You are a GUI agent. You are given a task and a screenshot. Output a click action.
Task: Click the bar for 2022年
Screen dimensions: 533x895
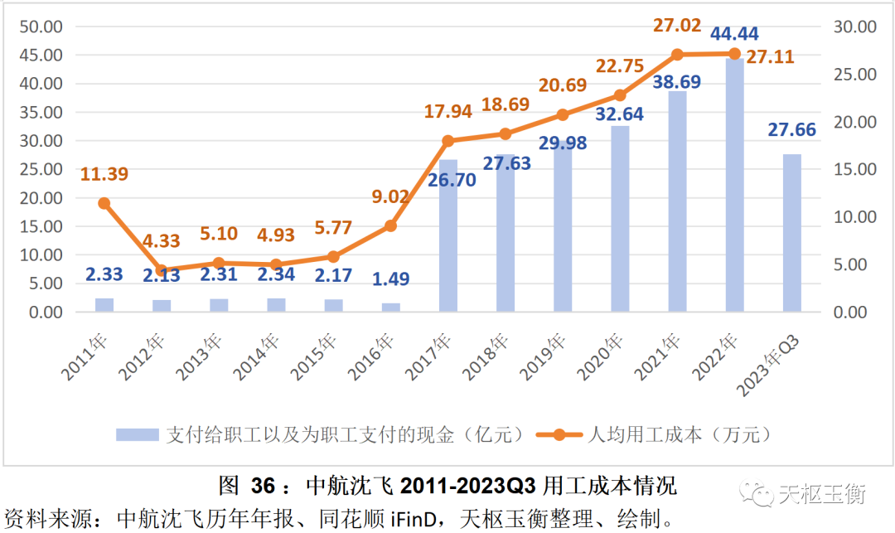point(734,187)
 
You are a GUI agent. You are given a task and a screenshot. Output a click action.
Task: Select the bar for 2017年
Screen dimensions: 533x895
point(448,236)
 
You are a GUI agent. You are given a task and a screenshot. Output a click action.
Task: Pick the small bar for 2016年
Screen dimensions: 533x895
point(391,308)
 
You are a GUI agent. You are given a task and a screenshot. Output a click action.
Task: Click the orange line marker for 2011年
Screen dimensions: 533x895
point(104,203)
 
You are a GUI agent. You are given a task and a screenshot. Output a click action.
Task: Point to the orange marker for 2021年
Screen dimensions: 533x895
point(677,55)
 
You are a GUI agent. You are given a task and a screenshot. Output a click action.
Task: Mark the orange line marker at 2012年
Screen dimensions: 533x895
point(162,270)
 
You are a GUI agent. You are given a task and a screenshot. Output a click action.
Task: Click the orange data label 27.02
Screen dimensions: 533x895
point(677,25)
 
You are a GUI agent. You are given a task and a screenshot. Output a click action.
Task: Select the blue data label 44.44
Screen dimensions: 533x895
point(734,34)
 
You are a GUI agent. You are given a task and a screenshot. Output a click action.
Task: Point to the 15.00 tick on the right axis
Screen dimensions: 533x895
point(854,169)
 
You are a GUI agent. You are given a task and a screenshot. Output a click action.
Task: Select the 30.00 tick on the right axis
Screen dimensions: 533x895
point(854,27)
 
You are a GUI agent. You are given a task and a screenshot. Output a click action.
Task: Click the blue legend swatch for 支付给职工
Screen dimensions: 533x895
point(138,434)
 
